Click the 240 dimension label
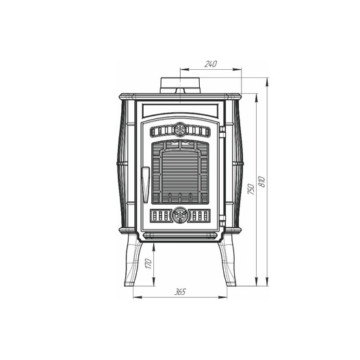(x=211, y=64)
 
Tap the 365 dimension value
(x=180, y=292)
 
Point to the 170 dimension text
(x=149, y=263)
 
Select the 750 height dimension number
(x=251, y=189)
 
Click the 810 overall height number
(x=261, y=181)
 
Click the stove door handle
(x=145, y=185)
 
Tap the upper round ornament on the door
(x=180, y=130)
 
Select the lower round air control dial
(x=180, y=215)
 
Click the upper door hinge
(x=222, y=132)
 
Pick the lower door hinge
(x=222, y=221)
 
